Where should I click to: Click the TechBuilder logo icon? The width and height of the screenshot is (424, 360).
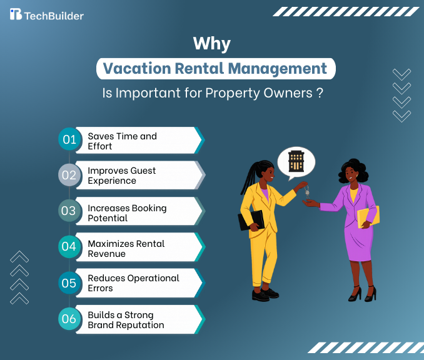click(x=16, y=14)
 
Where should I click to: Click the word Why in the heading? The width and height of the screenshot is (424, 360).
click(x=212, y=44)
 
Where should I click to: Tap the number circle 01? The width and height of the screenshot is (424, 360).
click(x=68, y=139)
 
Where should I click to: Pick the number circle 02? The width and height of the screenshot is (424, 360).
click(x=68, y=175)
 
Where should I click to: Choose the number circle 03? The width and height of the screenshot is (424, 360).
click(x=68, y=211)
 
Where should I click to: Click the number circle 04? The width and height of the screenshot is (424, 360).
click(x=68, y=246)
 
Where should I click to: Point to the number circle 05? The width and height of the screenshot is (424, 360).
click(x=68, y=282)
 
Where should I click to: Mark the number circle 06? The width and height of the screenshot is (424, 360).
click(x=68, y=319)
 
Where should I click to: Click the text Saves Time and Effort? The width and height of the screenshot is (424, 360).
click(x=122, y=141)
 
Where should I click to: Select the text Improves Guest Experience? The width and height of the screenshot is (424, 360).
click(x=121, y=176)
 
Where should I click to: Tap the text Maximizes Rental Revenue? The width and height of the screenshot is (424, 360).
click(x=126, y=249)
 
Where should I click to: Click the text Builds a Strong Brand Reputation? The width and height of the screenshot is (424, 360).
click(x=126, y=320)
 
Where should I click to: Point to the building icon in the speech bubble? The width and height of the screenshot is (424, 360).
click(x=296, y=161)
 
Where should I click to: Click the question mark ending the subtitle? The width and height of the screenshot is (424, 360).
click(x=320, y=93)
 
